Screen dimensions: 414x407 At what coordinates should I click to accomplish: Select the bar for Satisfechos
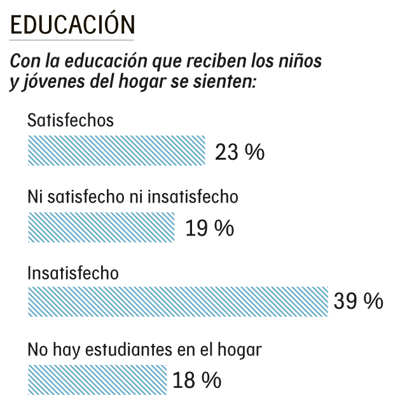(117, 150)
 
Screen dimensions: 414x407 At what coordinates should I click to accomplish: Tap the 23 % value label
(239, 153)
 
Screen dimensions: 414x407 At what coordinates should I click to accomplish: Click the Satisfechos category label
(70, 120)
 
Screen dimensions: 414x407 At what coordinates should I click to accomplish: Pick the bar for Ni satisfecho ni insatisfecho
(101, 226)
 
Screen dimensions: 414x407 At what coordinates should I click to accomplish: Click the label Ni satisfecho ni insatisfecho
(132, 197)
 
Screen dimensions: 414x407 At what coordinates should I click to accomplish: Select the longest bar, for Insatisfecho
(178, 301)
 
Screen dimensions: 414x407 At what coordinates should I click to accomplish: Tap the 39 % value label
(359, 301)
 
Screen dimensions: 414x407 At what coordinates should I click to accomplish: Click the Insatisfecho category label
(73, 273)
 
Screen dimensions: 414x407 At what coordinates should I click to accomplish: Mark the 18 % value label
(197, 381)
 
